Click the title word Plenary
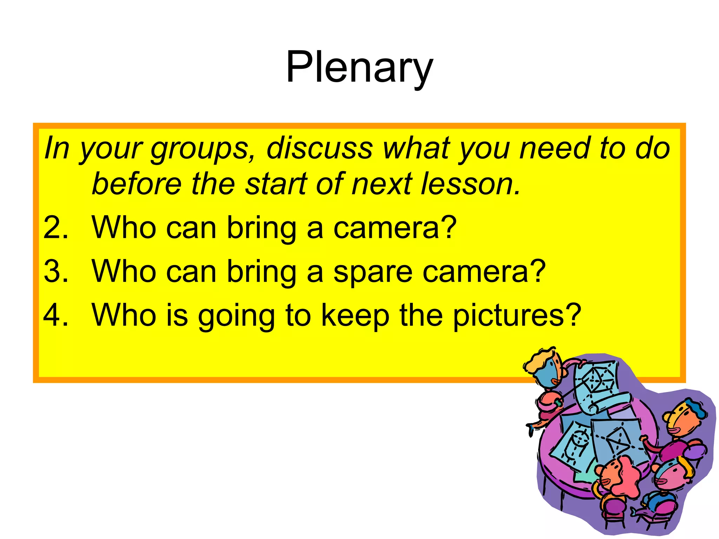coord(359,67)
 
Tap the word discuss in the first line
coord(319,148)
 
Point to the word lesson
coord(470,184)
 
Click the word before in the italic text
coord(137,184)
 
